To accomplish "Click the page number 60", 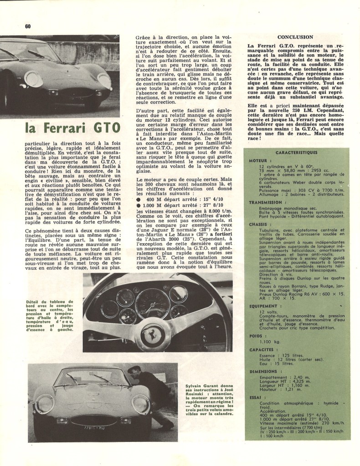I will click(x=27, y=26).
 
